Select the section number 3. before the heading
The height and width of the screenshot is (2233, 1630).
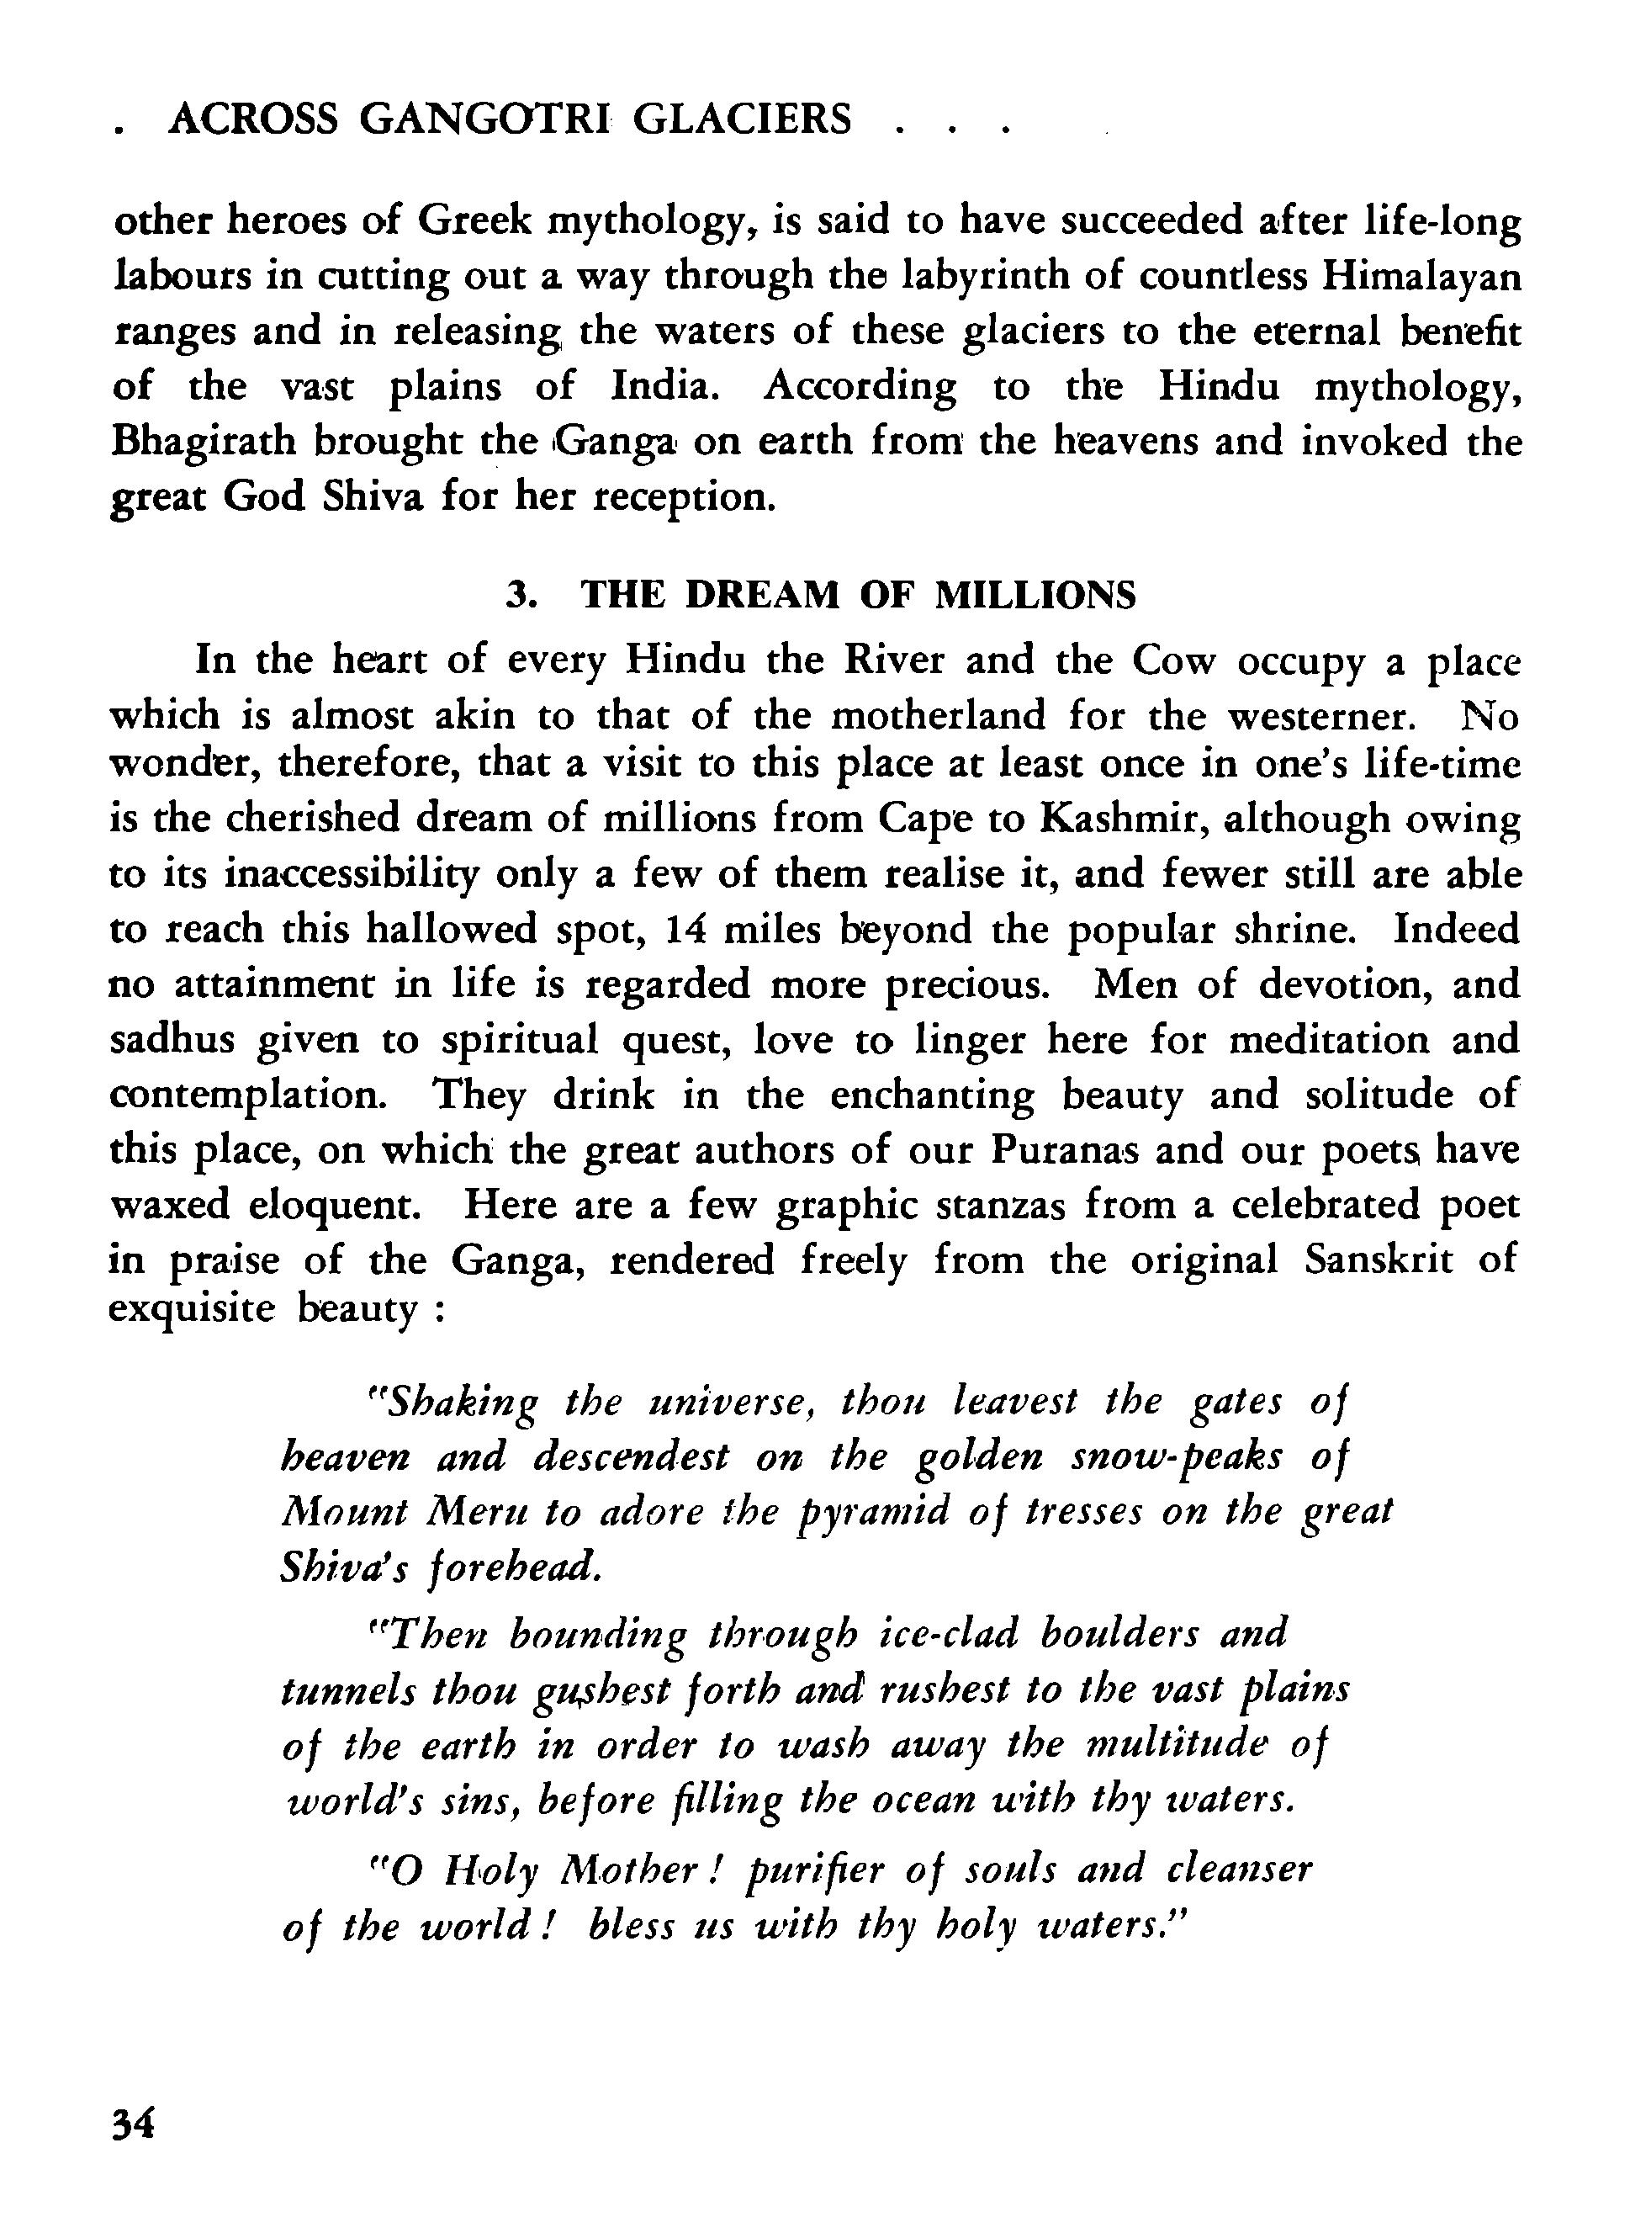(521, 596)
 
